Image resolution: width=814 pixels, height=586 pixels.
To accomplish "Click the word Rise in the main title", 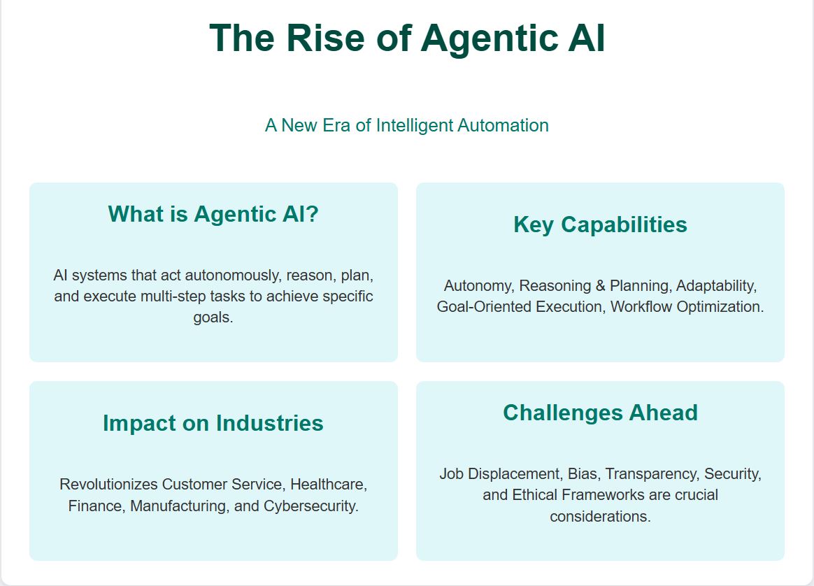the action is (x=325, y=38).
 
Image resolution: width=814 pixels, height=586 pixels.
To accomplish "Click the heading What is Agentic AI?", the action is (x=213, y=215).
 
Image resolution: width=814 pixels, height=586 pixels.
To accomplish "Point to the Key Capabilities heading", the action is (x=600, y=224).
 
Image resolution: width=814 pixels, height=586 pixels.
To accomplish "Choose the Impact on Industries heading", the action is (x=213, y=423).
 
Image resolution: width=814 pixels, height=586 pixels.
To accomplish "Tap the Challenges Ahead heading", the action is (x=600, y=413).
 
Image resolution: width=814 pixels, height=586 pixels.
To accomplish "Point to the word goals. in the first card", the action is (x=213, y=317).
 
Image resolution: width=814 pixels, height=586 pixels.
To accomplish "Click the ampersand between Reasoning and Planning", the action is (x=601, y=286).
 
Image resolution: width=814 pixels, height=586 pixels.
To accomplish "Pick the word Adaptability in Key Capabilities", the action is (x=716, y=286).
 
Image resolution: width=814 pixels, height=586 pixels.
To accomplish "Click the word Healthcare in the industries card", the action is (x=329, y=485).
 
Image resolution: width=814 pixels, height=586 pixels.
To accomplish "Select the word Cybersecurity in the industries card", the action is (x=311, y=506).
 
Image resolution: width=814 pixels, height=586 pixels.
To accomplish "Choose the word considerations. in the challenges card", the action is (x=600, y=517).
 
